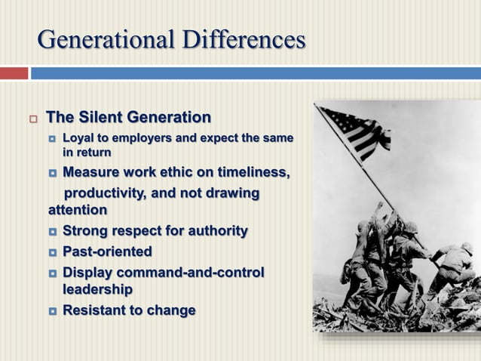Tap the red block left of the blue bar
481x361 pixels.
13,73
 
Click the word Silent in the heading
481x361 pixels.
101,118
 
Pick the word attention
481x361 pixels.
77,209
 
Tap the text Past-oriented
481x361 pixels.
107,251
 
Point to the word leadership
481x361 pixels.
97,288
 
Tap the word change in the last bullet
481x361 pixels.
174,310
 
